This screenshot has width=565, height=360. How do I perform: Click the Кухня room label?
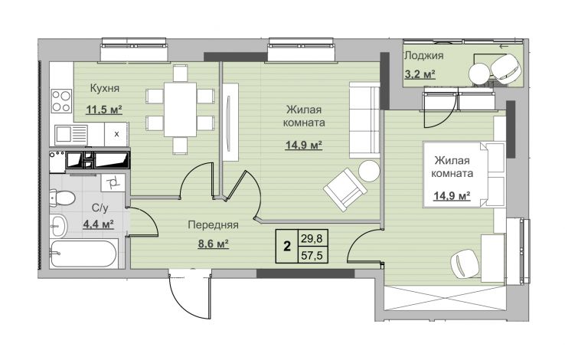[x=104, y=88]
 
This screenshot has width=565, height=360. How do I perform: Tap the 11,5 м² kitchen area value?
[x=104, y=110]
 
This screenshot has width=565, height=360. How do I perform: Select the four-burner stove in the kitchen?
[x=61, y=101]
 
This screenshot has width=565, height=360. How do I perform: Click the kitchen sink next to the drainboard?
[x=64, y=134]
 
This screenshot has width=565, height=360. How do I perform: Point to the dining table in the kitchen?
[x=180, y=110]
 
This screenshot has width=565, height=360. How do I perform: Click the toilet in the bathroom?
[x=62, y=198]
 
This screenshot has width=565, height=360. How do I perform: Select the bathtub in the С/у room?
[x=83, y=254]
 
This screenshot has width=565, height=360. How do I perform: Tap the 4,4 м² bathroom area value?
[x=98, y=224]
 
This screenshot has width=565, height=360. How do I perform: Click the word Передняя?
[x=214, y=225]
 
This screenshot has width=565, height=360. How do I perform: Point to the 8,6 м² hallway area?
[x=214, y=244]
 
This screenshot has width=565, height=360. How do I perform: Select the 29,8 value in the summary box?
[x=313, y=238]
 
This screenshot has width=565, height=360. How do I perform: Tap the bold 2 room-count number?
[x=287, y=247]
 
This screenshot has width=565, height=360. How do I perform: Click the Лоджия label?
[x=423, y=56]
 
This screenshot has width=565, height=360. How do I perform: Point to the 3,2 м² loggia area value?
[x=420, y=74]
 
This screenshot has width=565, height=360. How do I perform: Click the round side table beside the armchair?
[x=369, y=171]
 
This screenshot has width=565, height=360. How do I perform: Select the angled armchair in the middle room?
[x=345, y=189]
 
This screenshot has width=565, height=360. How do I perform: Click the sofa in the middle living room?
[x=364, y=120]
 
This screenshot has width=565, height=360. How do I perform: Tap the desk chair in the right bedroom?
[x=466, y=263]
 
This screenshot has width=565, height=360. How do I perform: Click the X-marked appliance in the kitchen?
[x=116, y=134]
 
